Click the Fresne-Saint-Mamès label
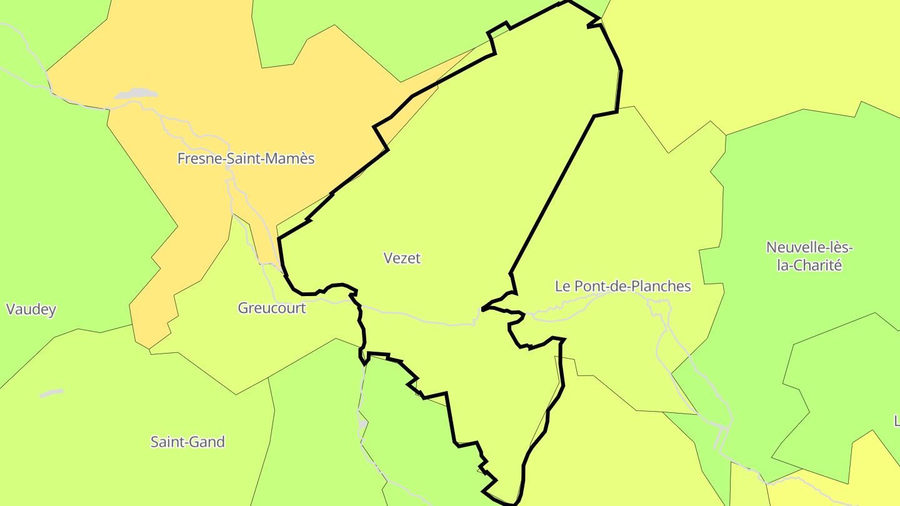(x=246, y=159)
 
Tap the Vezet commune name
(x=402, y=258)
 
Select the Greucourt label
(x=272, y=308)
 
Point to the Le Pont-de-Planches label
(x=622, y=286)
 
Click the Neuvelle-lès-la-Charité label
(x=809, y=256)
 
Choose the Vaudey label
(x=31, y=309)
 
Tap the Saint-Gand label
(x=187, y=442)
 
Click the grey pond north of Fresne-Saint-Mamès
(x=136, y=94)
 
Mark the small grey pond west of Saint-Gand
(x=51, y=393)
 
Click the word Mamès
(x=292, y=159)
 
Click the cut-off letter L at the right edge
(x=896, y=420)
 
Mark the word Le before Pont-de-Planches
(x=562, y=286)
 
